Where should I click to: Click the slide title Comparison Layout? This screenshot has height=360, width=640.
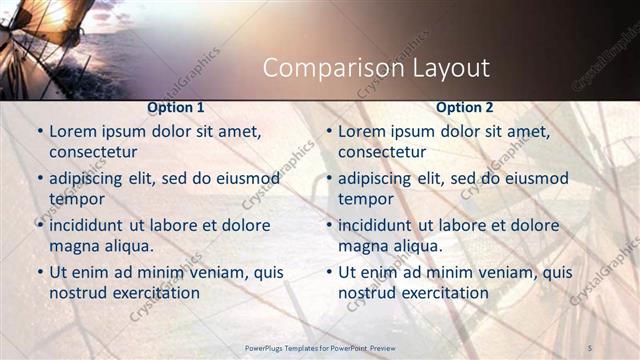coord(376,68)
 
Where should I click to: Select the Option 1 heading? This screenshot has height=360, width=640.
coord(176,106)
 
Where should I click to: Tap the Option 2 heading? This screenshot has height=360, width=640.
coord(465,106)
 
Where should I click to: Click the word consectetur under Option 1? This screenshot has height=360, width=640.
coord(92,152)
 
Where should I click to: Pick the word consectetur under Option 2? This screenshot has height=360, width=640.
coord(381,152)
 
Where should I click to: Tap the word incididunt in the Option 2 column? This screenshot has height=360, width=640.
coord(382,225)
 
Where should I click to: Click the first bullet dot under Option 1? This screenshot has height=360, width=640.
coord(40,131)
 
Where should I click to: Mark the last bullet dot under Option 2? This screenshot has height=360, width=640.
coord(329,272)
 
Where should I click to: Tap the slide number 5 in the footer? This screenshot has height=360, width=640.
coord(590,346)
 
